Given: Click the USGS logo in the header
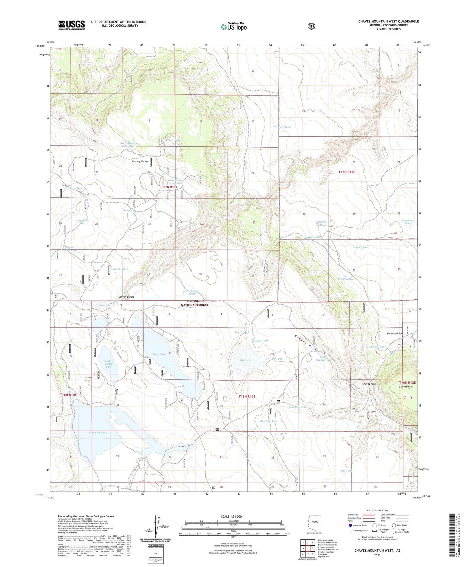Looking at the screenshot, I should tap(71, 25).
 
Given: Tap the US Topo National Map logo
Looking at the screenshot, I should tap(233, 27).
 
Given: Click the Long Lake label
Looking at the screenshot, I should tap(159, 354).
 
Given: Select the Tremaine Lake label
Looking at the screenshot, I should tap(97, 433).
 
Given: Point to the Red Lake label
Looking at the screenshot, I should tap(245, 360).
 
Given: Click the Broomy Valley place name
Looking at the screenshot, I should tap(140, 162).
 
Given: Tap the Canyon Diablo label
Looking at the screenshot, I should tap(126, 297).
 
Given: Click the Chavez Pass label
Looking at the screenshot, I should tap(369, 384).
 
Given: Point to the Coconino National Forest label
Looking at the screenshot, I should tap(195, 303).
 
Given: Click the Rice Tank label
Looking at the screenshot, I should tap(346, 470).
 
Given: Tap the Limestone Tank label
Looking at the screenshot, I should tap(408, 222).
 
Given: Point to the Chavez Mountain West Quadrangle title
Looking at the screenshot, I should tap(388, 21).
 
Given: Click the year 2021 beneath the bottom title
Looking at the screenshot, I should tap(377, 555).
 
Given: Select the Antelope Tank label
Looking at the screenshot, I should tap(269, 421).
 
